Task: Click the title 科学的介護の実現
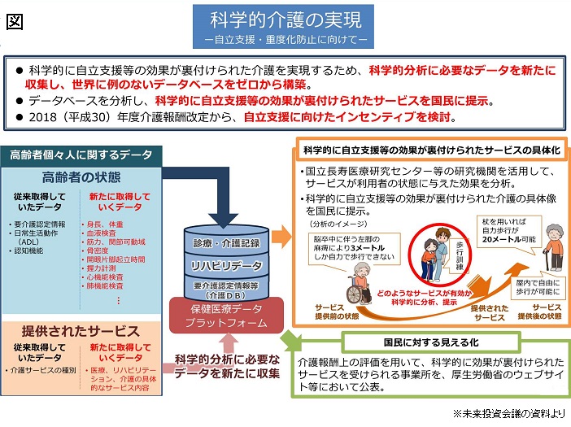[285, 18]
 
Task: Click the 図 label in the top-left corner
[14, 22]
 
